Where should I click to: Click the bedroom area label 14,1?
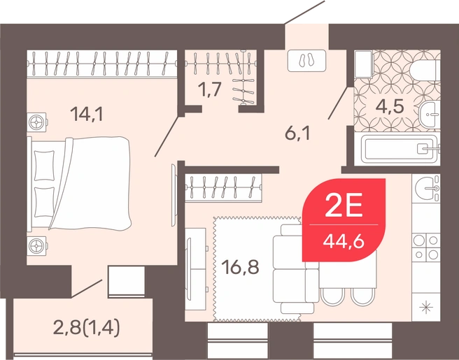coord(86,114)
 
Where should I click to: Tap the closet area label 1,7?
coord(209,89)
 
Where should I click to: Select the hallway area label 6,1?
coord(297,134)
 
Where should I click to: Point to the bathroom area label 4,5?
coord(390,106)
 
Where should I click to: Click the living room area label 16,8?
coord(240,267)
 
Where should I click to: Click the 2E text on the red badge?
coord(344,206)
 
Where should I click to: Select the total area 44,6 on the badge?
coord(344,242)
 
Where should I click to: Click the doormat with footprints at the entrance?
coord(306,61)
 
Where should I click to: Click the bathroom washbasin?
coord(430,115)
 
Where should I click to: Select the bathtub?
coord(400,149)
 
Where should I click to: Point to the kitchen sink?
coord(426,188)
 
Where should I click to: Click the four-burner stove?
coord(426,247)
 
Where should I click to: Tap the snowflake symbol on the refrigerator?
coord(425,308)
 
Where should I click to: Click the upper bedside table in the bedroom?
coord(37,122)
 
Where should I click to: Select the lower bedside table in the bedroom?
coord(37,245)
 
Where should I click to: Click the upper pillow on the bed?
coord(44,166)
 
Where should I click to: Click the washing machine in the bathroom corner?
coord(363,64)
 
